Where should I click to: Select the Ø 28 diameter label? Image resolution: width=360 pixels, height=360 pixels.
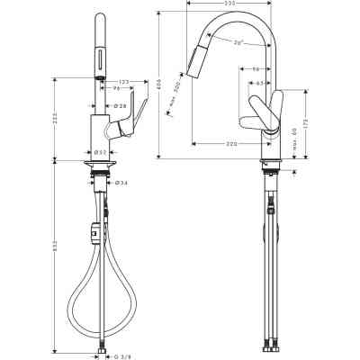coord(121,106)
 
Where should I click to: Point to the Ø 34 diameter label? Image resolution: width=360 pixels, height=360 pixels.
coord(121,183)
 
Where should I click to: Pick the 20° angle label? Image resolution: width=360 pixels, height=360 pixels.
coord(238,44)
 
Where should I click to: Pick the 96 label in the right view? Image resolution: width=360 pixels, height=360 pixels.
coord(256,69)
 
